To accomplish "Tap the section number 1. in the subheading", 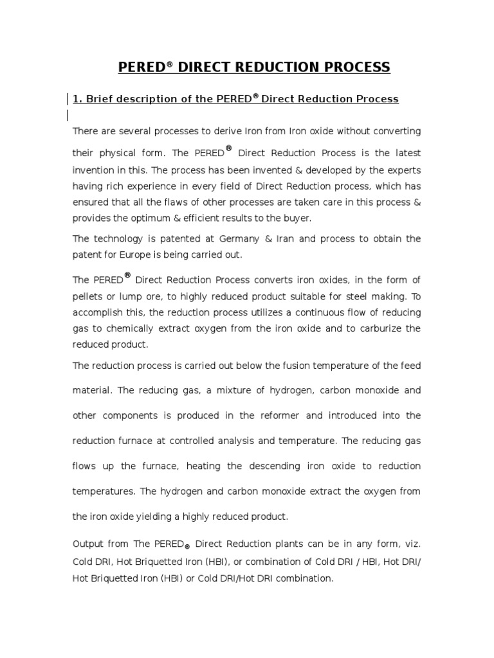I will coord(78,99).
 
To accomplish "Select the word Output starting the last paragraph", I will coord(88,544).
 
